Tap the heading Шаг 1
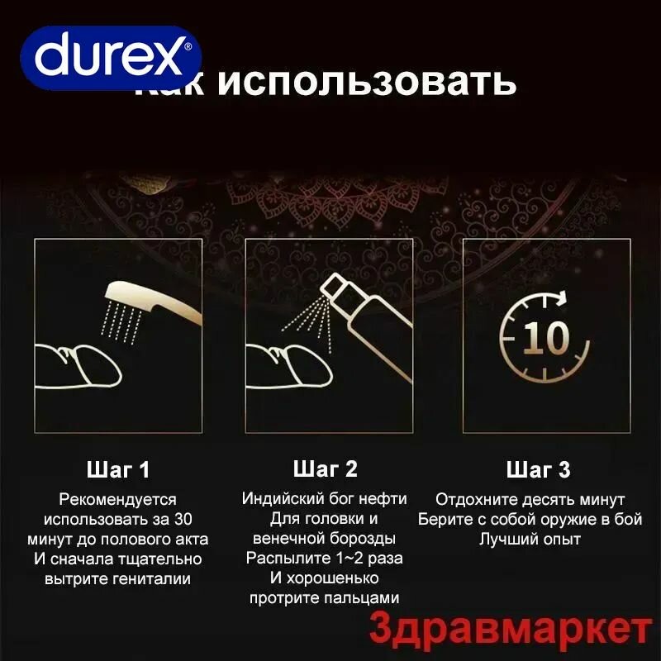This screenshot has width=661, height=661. click(x=118, y=470)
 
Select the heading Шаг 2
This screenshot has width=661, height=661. click(x=326, y=469)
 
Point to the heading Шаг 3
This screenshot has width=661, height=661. click(x=538, y=470)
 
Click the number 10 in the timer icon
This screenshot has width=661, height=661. click(x=545, y=337)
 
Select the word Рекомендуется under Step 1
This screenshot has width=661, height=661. click(x=118, y=499)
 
